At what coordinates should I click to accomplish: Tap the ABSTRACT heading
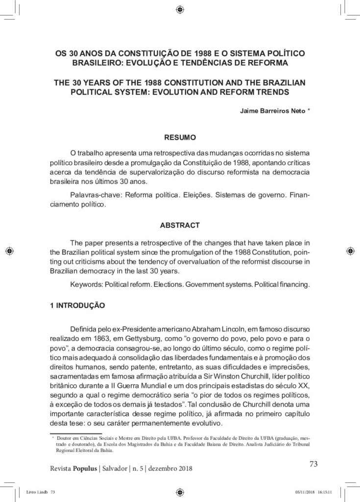pos(180,225)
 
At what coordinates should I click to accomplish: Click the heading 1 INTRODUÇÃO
pos(77,304)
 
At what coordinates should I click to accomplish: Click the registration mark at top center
pos(180,9)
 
